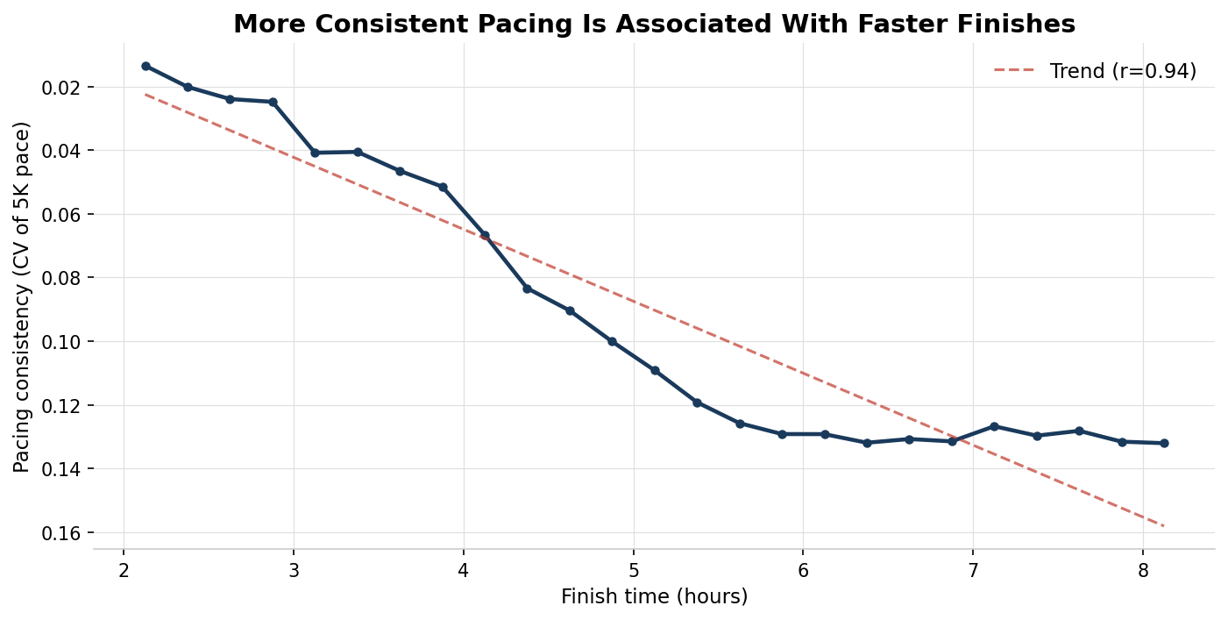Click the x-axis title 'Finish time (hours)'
(x=654, y=597)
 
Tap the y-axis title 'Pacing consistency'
(x=22, y=297)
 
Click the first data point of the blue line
(x=146, y=66)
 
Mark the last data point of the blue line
(x=1164, y=443)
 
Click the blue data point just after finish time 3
(x=315, y=153)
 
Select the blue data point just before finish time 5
(x=612, y=341)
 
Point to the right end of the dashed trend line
(x=1164, y=526)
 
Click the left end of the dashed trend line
(x=146, y=94)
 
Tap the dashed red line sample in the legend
(x=1014, y=70)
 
